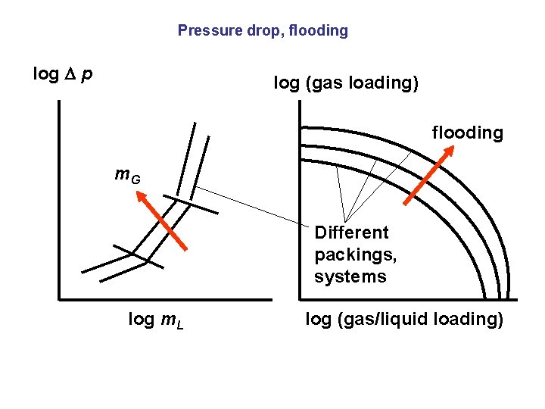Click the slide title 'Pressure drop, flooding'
click(263, 31)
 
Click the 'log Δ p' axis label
click(63, 74)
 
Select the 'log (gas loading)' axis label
click(345, 83)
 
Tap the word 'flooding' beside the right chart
click(467, 133)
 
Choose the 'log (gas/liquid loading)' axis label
click(404, 320)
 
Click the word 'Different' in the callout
click(351, 233)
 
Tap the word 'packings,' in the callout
click(355, 254)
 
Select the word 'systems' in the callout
click(350, 276)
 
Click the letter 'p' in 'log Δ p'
click(89, 75)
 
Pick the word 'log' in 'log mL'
click(141, 320)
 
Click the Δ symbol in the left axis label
click(73, 74)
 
